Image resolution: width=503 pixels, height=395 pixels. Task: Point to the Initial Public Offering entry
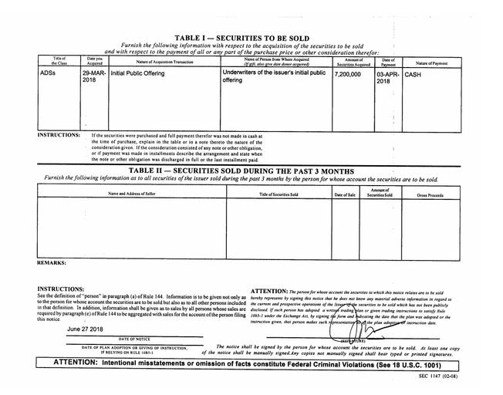(x=143, y=75)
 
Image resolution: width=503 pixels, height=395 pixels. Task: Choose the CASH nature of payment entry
(x=414, y=75)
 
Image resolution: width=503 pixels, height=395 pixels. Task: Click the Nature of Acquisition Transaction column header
(x=164, y=62)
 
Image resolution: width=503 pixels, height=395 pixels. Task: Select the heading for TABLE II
(x=241, y=170)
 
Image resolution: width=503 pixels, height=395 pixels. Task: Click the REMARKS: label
(x=51, y=263)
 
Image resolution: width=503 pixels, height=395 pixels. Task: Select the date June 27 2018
(x=90, y=329)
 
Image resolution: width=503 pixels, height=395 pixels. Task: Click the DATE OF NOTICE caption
(x=133, y=338)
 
